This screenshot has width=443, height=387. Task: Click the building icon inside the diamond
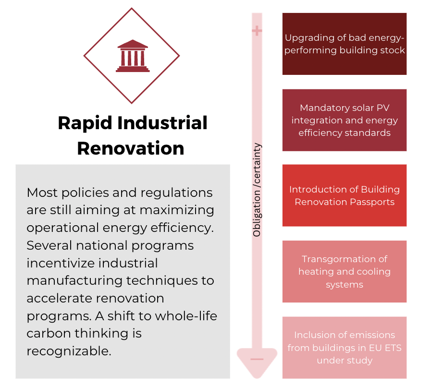pos(133,56)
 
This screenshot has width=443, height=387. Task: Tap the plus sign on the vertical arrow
pos(257,30)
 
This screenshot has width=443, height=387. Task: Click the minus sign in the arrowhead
pos(257,359)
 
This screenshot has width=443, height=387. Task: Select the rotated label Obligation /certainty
pos(257,190)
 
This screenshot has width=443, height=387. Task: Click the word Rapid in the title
pos(85,123)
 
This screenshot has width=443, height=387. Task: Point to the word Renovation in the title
pos(131,148)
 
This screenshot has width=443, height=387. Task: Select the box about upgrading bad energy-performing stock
pos(345,44)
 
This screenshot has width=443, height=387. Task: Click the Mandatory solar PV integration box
pos(345,120)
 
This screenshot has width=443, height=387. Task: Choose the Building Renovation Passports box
pos(345,195)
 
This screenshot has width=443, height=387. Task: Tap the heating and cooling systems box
pos(345,272)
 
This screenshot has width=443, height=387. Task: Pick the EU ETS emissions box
pos(345,348)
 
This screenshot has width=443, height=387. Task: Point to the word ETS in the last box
pos(393,348)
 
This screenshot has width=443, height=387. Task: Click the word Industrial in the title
pos(162,123)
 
